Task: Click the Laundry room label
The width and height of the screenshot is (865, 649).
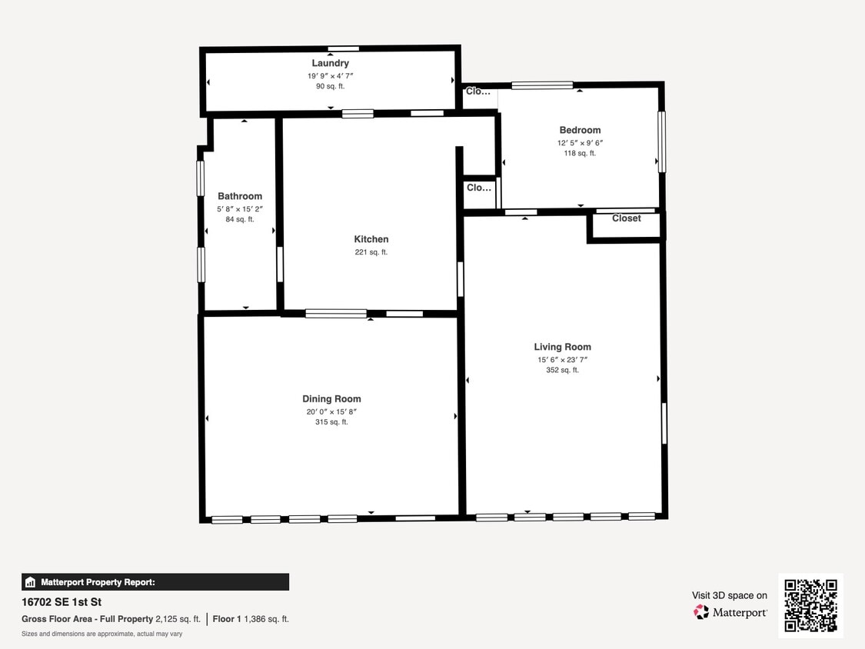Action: click(330, 63)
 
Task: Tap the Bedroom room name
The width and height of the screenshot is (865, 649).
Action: click(580, 130)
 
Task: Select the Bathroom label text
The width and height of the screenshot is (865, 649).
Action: click(240, 196)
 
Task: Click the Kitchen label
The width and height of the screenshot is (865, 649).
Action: click(371, 239)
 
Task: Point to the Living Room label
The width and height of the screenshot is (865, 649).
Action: click(562, 347)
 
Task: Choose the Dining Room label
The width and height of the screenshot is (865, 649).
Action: click(331, 398)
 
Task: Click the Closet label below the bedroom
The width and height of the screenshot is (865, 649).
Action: click(626, 218)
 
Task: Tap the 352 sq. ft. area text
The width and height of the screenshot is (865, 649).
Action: click(562, 371)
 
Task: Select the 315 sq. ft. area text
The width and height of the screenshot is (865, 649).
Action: click(331, 422)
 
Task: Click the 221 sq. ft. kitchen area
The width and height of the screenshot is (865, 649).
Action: click(371, 252)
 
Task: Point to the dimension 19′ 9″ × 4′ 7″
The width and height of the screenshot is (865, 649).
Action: click(330, 76)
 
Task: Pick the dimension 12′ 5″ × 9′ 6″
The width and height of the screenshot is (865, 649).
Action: click(580, 143)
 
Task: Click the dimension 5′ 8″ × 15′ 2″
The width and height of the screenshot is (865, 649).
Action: click(240, 208)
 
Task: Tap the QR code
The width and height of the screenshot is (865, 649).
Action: click(810, 605)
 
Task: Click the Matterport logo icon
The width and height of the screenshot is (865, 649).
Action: click(701, 612)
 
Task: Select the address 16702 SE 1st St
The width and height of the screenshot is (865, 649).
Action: click(62, 602)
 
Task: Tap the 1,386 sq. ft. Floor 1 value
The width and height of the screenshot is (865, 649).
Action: click(266, 619)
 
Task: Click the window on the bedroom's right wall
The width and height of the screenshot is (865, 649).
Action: click(661, 141)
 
